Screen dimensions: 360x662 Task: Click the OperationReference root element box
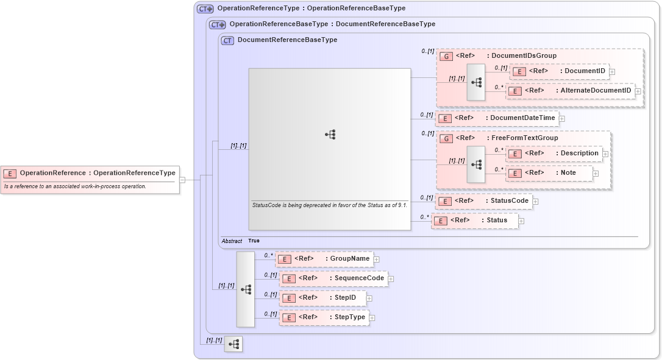tap(90, 173)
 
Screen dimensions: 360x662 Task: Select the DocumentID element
tap(560, 71)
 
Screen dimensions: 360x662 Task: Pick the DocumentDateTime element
tap(497, 118)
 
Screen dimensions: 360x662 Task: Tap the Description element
tap(554, 154)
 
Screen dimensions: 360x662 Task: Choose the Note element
tap(549, 173)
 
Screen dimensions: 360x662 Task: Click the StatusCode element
tap(483, 201)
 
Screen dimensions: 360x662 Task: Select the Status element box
tap(475, 221)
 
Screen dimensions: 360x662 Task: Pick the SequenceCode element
tap(334, 278)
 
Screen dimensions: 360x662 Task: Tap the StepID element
tap(323, 298)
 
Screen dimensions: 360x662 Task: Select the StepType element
tap(324, 317)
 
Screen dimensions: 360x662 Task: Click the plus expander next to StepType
tap(372, 318)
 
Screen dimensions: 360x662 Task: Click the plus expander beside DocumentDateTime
tap(562, 119)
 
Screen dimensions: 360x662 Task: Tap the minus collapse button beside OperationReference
tap(182, 180)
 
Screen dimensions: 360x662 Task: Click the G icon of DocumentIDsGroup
tap(446, 56)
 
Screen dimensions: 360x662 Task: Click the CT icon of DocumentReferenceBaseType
tap(227, 40)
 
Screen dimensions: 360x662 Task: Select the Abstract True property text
tap(240, 241)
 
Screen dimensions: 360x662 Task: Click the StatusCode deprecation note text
tap(329, 205)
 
